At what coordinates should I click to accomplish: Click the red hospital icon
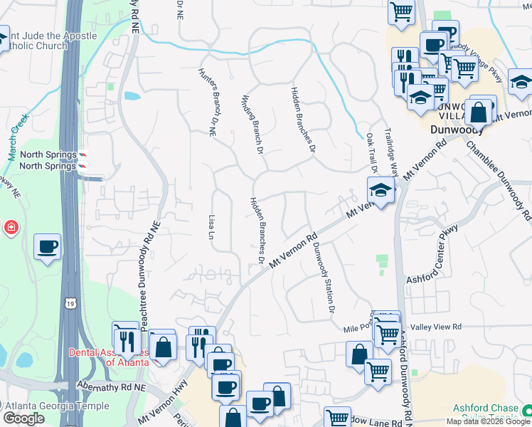pyautogui.click(x=10, y=228)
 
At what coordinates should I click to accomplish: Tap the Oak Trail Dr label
pyautogui.click(x=371, y=152)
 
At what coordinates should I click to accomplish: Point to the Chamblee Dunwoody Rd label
pyautogui.click(x=499, y=179)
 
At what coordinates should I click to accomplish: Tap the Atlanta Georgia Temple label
pyautogui.click(x=56, y=406)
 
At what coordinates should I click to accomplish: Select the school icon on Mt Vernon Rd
pyautogui.click(x=381, y=191)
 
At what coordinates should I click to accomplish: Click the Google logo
pyautogui.click(x=23, y=418)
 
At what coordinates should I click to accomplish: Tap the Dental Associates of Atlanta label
pyautogui.click(x=109, y=357)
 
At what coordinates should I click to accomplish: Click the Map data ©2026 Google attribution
pyautogui.click(x=488, y=421)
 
